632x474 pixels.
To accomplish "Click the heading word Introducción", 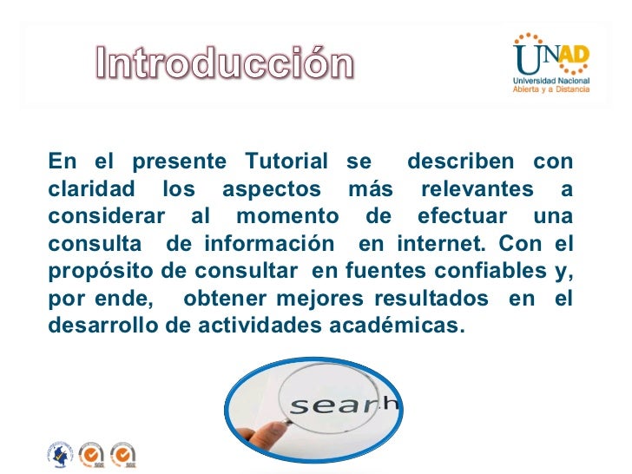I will click(224, 65).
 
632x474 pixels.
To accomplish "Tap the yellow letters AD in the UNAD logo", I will click(572, 56).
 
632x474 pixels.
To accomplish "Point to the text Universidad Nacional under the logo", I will click(551, 81).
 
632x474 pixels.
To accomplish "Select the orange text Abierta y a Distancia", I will click(551, 90).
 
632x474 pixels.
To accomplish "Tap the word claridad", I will click(92, 189).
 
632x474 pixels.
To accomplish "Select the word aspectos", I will click(272, 189).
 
